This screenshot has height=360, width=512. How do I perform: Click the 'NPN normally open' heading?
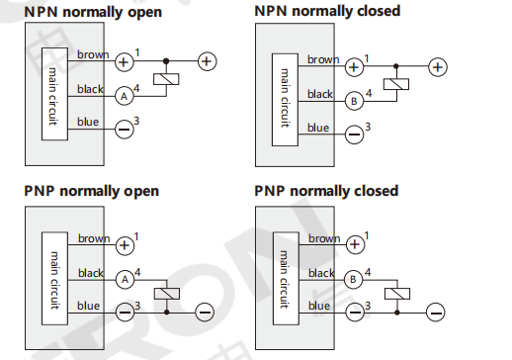tap(93, 13)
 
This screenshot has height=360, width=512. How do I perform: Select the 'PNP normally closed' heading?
tap(326, 191)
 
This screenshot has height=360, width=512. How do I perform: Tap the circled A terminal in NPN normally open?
tap(125, 96)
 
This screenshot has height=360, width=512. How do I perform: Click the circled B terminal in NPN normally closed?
tap(354, 101)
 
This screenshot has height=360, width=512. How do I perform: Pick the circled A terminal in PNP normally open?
tap(125, 280)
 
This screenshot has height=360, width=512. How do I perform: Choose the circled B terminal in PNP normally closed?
tap(353, 280)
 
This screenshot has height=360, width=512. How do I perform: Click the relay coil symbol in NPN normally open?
tap(166, 79)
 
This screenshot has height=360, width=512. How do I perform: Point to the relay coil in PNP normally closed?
tap(397, 294)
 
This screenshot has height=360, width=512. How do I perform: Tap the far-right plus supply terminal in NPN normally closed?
tap(438, 67)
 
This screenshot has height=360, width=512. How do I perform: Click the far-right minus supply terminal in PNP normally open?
tap(205, 313)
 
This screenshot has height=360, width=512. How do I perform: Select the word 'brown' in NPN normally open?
tap(93, 54)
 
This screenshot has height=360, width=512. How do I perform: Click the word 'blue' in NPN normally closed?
tap(318, 128)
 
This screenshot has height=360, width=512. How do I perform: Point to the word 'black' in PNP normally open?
tap(91, 273)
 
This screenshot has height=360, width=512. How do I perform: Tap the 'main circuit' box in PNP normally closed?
tap(286, 279)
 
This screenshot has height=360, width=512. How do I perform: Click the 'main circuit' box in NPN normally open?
tap(54, 94)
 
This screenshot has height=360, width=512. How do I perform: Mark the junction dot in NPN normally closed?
tap(396, 66)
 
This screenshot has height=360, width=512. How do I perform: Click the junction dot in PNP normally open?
tap(167, 312)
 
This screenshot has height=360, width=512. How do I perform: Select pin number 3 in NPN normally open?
tap(136, 121)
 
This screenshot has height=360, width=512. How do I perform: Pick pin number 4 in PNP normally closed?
tap(368, 272)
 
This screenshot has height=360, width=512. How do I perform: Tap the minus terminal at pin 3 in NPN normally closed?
tap(354, 135)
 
